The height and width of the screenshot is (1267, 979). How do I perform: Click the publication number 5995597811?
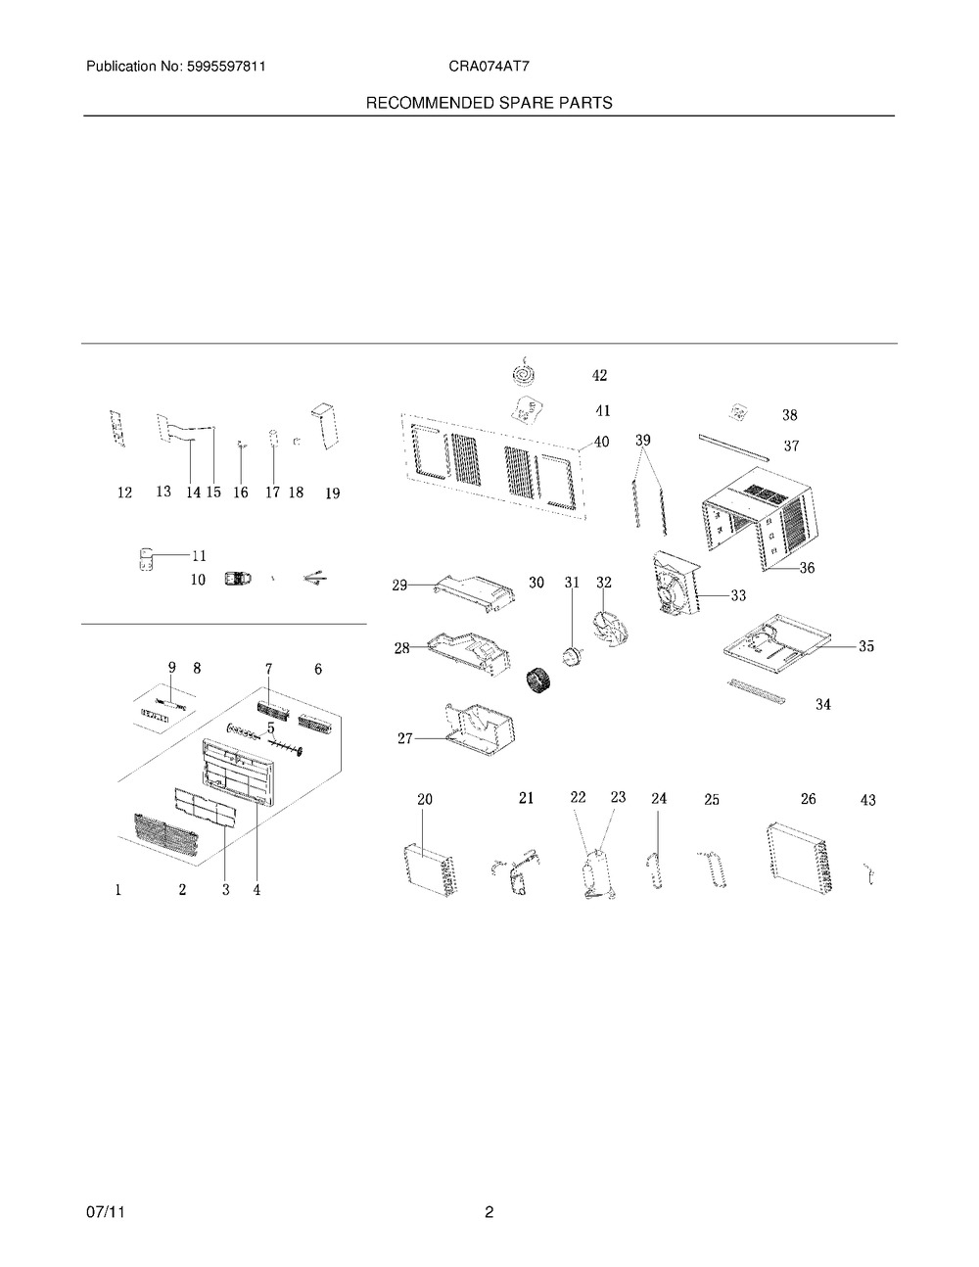pos(226,67)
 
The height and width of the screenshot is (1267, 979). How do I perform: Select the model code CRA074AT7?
pos(489,67)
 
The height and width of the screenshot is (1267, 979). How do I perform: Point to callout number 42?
pos(599,375)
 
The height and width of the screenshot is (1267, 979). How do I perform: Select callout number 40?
pos(601,442)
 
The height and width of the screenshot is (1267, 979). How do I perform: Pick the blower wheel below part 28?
pos(539,682)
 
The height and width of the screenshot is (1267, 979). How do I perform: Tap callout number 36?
pos(807,567)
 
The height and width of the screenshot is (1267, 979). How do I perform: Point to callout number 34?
pos(822,704)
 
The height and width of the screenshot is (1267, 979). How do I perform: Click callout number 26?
pos(809,799)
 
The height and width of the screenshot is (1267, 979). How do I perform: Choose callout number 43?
pos(868,801)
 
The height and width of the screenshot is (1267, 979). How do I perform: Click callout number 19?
pos(332,493)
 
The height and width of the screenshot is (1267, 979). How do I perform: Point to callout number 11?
pos(200,556)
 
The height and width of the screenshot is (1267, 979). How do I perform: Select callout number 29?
pos(399,585)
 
